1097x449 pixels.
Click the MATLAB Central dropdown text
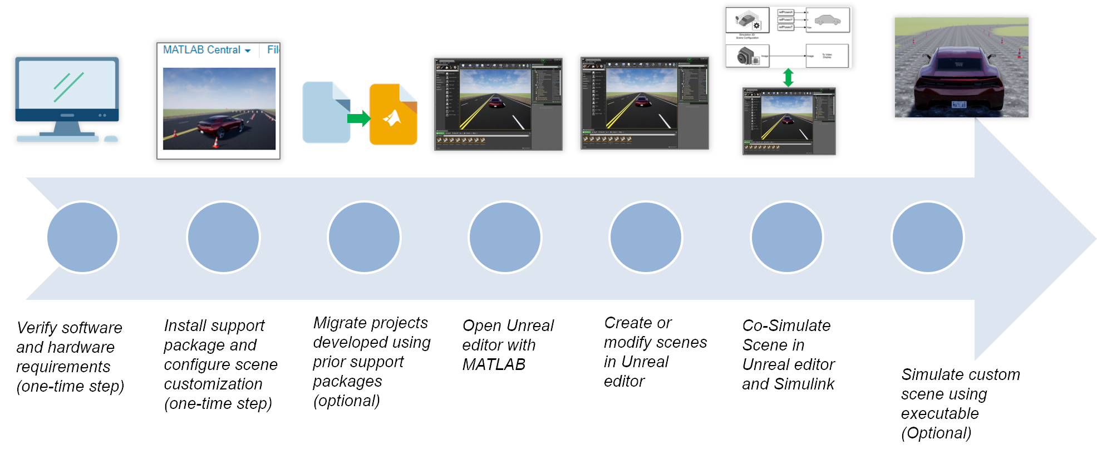(x=202, y=50)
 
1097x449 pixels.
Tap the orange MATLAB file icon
(x=393, y=115)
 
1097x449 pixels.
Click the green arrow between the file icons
(x=358, y=118)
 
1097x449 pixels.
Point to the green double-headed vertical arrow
(x=788, y=77)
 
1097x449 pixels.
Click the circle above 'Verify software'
(x=82, y=238)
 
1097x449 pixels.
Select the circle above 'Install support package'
(x=223, y=238)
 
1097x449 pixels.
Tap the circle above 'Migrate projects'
(x=364, y=238)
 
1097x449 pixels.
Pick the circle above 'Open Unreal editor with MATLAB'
(x=505, y=238)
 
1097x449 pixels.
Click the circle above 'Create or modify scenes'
(x=646, y=238)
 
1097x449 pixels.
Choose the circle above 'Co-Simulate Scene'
(x=786, y=238)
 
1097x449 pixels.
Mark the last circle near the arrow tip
(x=927, y=238)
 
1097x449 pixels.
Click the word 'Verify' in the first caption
(x=37, y=328)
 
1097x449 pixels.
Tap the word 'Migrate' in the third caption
(x=339, y=323)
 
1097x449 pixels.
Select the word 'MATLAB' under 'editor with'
(x=494, y=364)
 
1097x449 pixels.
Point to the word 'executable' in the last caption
(x=939, y=413)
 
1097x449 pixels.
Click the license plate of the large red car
(x=958, y=105)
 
